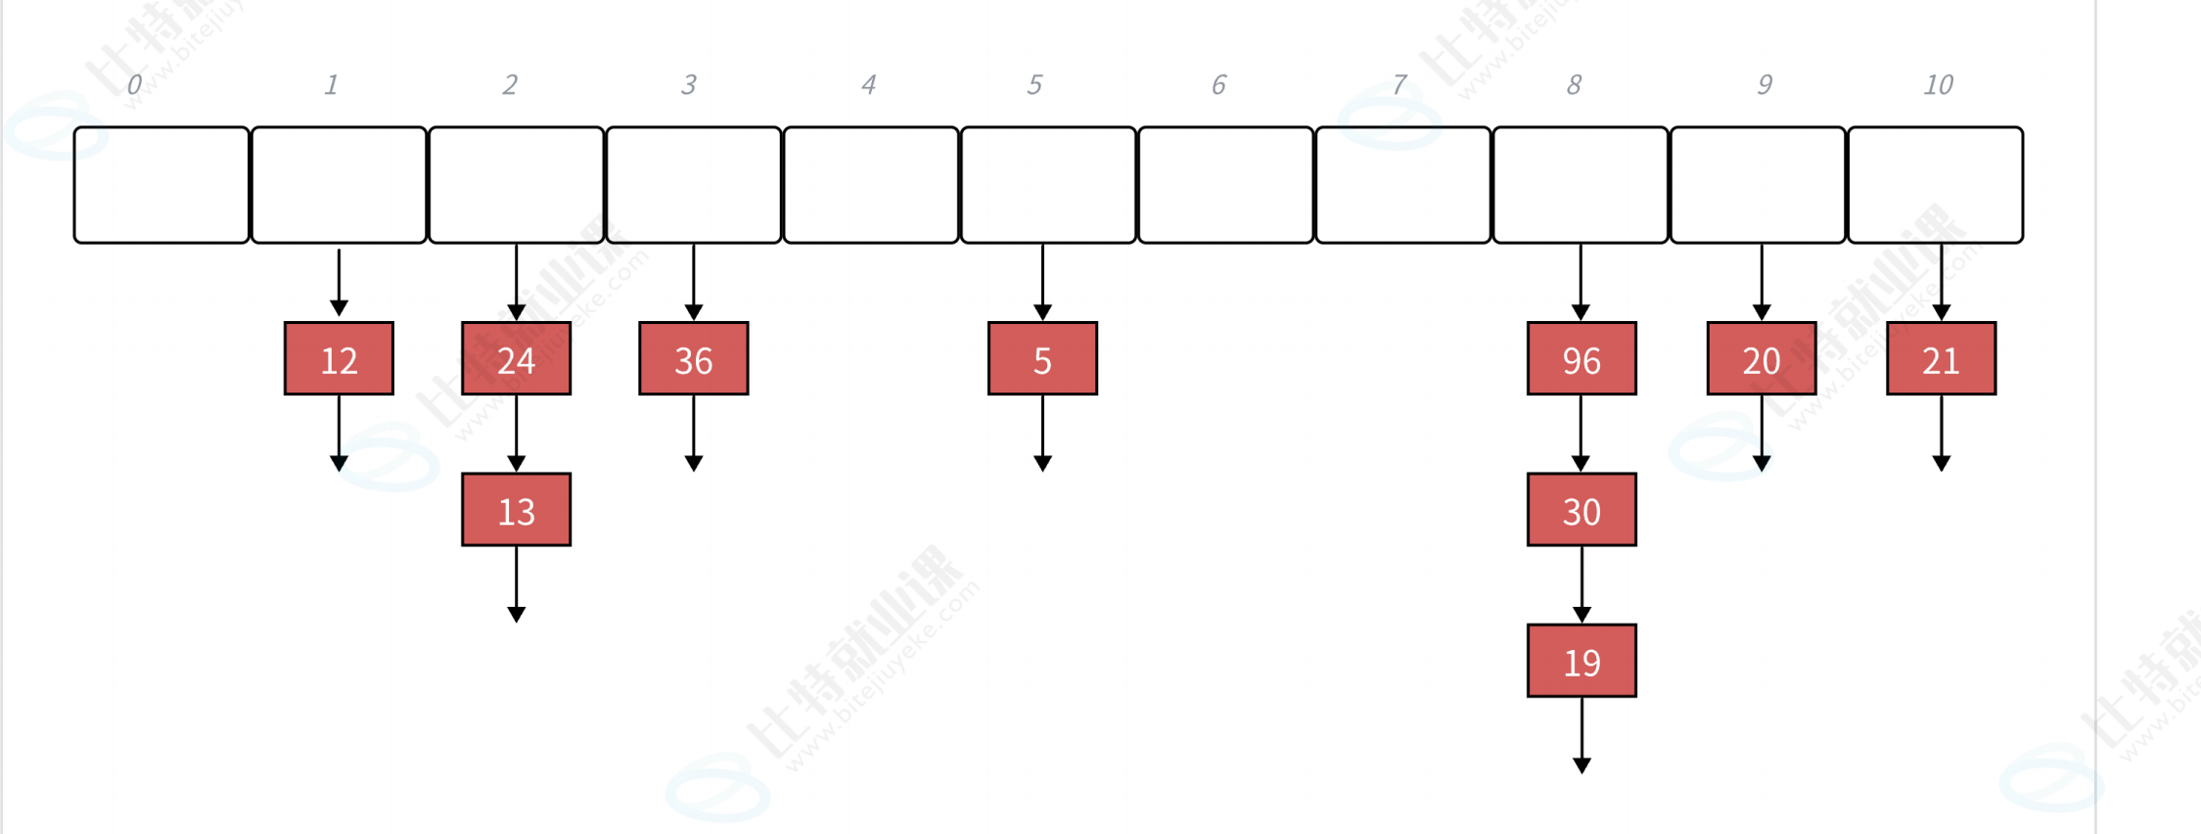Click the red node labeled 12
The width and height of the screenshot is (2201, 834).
[339, 359]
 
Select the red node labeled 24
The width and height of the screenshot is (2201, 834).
[516, 359]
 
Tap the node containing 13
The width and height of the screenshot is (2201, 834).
[516, 510]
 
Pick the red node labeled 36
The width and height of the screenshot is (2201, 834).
[693, 359]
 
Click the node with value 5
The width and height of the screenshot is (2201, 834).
[1042, 359]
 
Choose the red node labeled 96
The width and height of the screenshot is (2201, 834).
[1582, 359]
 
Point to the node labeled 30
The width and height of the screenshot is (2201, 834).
[1582, 510]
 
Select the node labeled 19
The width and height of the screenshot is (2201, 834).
[1582, 662]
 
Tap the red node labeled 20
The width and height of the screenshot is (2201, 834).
[1762, 359]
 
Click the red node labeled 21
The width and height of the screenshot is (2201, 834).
[1941, 359]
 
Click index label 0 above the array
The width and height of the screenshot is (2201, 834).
[134, 85]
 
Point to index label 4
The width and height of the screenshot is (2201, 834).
[868, 85]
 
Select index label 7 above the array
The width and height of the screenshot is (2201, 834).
[1399, 85]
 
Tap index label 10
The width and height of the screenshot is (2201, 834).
[1938, 85]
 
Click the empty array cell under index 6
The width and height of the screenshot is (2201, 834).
[1225, 185]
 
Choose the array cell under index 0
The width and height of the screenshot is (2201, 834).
[161, 185]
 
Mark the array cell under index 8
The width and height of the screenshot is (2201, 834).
[1581, 185]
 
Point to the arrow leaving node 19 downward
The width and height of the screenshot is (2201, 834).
[1582, 734]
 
